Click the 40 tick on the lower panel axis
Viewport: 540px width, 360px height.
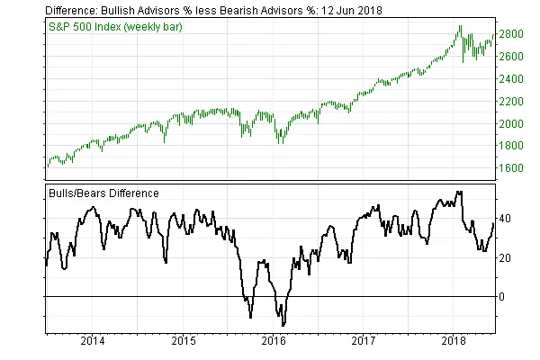[507, 218]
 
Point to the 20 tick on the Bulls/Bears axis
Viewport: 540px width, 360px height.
[507, 257]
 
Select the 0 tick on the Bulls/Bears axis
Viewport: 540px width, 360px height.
[504, 296]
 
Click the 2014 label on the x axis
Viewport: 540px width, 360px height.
[92, 342]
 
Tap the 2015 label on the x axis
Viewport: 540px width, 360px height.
[183, 342]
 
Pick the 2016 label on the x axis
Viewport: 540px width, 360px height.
[274, 342]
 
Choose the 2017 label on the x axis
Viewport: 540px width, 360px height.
[364, 342]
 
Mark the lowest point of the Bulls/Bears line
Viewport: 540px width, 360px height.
[283, 325]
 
